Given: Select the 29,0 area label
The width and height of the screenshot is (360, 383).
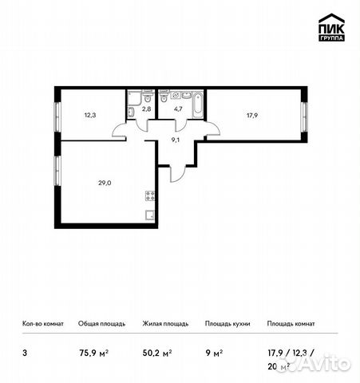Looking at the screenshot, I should pyautogui.click(x=103, y=183).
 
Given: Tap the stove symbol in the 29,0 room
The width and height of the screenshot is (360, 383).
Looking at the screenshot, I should pyautogui.click(x=149, y=196).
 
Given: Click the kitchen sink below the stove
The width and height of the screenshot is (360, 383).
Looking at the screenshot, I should pyautogui.click(x=149, y=214).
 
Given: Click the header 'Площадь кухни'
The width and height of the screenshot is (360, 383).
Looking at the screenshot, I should pyautogui.click(x=227, y=324).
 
